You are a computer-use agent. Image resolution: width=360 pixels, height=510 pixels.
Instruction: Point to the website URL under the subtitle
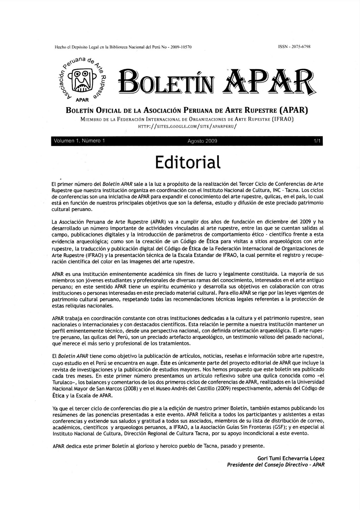187,126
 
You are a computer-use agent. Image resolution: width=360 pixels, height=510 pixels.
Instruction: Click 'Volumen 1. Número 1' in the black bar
79,141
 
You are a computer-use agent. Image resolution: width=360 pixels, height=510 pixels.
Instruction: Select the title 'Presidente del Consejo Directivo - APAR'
276,465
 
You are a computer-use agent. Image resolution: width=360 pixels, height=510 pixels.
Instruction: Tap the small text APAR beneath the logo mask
82,100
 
